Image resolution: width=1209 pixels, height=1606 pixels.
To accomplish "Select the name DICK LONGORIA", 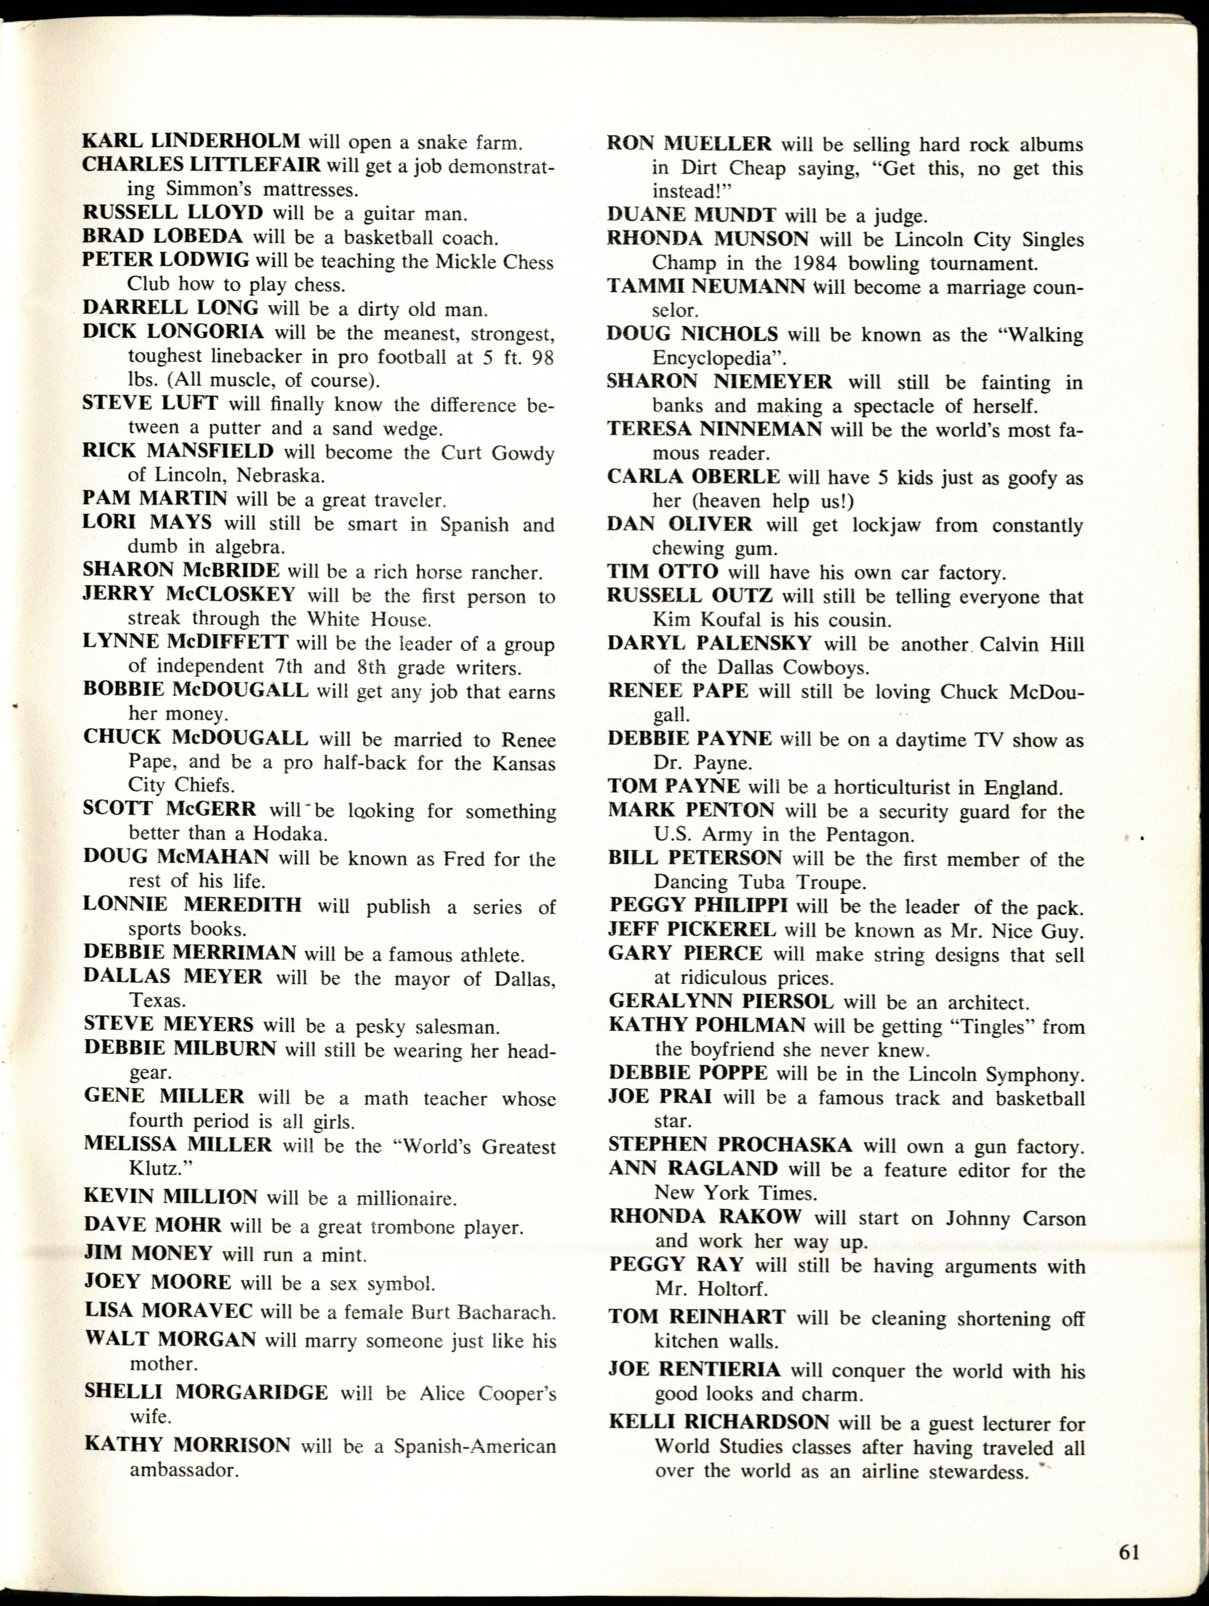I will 173,332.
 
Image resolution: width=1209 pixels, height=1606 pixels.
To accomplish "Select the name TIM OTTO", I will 663,572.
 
